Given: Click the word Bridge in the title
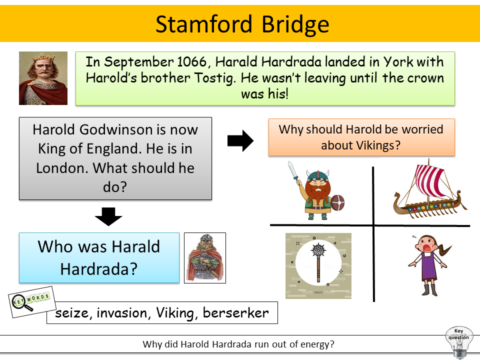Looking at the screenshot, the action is pos(295,24).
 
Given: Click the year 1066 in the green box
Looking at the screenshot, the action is pos(192,62).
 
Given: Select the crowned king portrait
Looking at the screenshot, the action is pos(43,78).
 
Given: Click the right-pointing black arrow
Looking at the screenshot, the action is pos(240,141).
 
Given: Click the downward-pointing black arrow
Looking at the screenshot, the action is pos(108,216).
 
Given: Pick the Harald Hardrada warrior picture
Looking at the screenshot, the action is pos(205,258).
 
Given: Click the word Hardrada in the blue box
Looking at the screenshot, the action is pos(99,269).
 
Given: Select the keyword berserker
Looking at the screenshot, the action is pos(235,313).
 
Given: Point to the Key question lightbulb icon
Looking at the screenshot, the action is pos(458,342).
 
